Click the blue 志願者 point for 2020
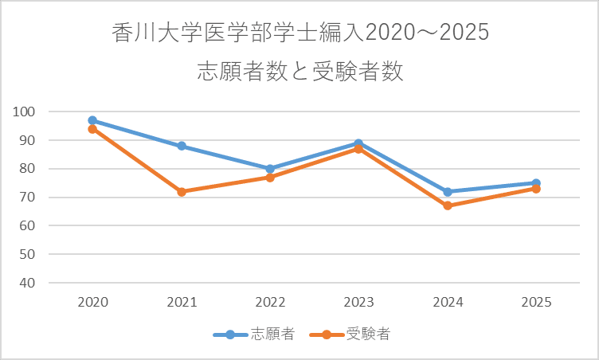[92, 120]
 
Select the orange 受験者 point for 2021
[182, 192]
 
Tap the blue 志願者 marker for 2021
[182, 146]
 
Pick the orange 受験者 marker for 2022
[270, 178]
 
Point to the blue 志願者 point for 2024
[448, 192]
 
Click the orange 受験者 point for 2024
[448, 205]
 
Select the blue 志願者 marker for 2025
[536, 183]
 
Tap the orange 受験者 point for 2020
[92, 129]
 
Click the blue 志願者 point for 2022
[270, 169]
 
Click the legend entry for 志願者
[255, 335]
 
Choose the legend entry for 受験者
[350, 335]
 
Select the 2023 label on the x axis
[358, 303]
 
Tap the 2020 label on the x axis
[92, 303]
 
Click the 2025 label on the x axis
[536, 303]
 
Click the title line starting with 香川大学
[299, 35]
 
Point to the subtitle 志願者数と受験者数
[299, 72]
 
